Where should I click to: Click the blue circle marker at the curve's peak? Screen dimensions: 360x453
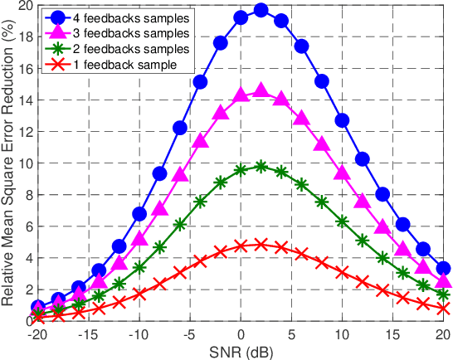click(x=261, y=10)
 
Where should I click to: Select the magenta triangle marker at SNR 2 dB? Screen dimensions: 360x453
click(x=261, y=91)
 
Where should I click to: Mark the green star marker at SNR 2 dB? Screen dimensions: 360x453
click(x=261, y=166)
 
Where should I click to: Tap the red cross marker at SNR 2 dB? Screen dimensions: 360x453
click(x=261, y=245)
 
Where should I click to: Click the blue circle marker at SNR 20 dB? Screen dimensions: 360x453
click(x=444, y=268)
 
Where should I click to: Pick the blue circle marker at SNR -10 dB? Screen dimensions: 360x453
click(x=139, y=214)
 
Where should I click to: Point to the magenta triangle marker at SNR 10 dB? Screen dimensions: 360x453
click(x=342, y=173)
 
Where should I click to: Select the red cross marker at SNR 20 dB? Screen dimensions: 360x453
click(x=444, y=309)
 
